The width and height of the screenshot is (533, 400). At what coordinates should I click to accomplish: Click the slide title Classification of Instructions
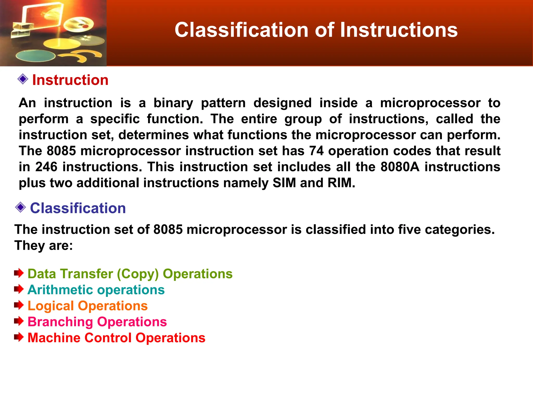(316, 30)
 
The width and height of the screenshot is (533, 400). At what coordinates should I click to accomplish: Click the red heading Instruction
(70, 80)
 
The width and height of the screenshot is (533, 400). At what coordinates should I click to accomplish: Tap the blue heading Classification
(78, 208)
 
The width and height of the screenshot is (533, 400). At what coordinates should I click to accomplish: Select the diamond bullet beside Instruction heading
(23, 79)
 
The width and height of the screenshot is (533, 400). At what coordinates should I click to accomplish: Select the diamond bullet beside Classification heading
(21, 207)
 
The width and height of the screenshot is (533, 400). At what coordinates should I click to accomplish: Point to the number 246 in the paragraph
(46, 167)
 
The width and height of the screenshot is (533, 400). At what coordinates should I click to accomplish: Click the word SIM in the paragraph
(284, 183)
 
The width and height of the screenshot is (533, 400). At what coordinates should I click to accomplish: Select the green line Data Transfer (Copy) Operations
(130, 274)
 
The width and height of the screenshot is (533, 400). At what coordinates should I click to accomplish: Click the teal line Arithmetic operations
(96, 290)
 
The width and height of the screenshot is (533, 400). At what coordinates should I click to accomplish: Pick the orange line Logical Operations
(87, 306)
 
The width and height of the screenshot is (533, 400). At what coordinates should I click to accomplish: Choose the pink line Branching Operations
(97, 322)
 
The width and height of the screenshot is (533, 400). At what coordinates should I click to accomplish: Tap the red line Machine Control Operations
(116, 338)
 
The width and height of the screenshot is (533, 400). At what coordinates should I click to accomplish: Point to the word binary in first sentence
(173, 103)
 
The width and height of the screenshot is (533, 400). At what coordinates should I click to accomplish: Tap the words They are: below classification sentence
(44, 246)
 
